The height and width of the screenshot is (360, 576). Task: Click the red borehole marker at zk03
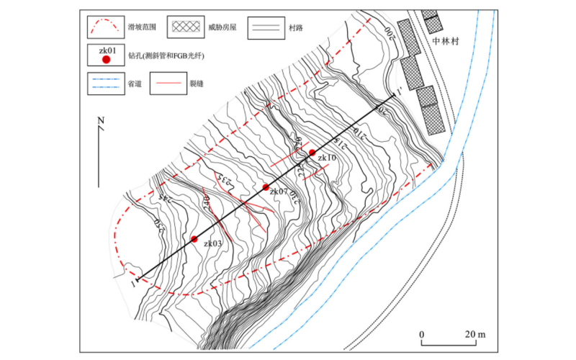point(194,238)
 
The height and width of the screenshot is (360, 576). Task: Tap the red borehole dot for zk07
point(266,187)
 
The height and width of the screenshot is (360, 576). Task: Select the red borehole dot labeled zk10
point(312,152)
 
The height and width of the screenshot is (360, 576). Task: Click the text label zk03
point(213,244)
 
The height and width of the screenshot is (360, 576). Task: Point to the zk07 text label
point(279,192)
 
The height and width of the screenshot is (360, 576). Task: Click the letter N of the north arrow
point(101,120)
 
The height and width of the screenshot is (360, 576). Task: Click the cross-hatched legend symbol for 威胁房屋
point(187,27)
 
